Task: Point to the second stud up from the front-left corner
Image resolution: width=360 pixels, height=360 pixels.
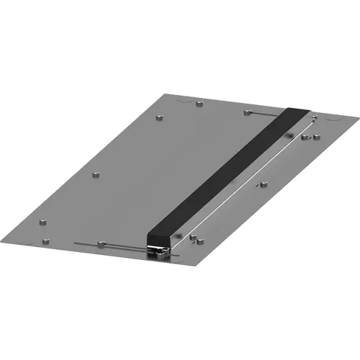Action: pos(45,219)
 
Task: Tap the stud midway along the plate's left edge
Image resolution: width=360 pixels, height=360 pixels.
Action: pos(96,174)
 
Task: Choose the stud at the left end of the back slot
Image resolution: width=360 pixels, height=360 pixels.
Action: pos(248,112)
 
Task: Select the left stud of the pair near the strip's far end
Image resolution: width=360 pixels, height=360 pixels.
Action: pos(305,137)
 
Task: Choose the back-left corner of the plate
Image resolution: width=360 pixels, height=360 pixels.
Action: pos(164,91)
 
